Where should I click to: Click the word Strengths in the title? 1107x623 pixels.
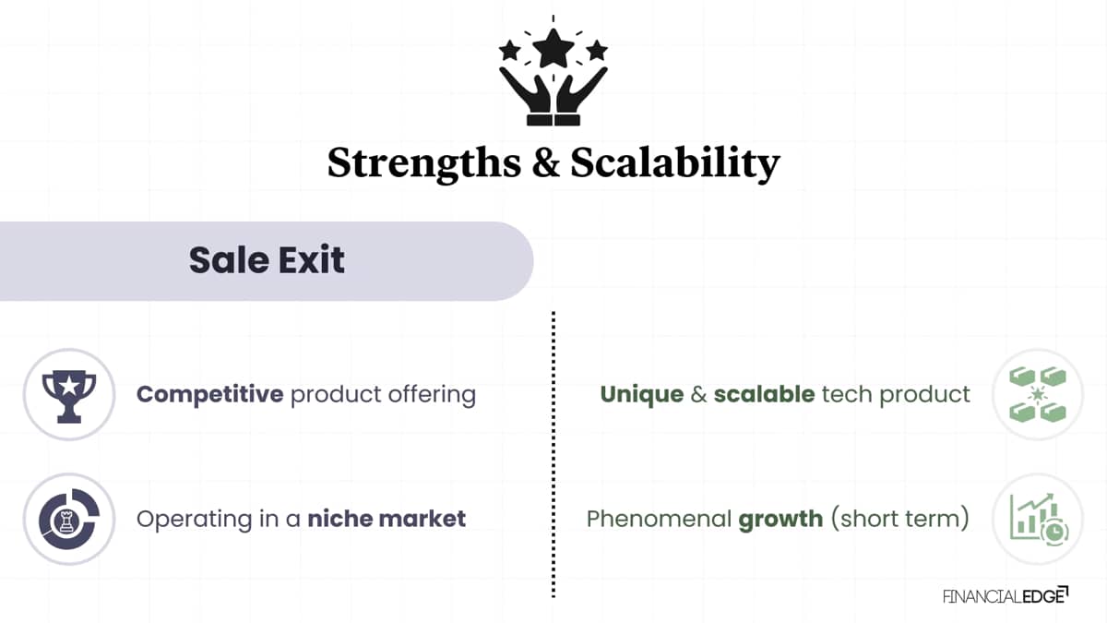point(424,164)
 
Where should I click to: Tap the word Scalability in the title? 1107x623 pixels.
point(675,164)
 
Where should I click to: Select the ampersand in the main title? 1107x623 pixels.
point(545,162)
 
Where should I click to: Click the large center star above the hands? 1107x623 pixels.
point(553,48)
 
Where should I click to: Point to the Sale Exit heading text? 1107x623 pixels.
point(267,260)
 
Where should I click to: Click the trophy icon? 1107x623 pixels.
point(69,397)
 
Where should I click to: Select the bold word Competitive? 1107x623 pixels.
point(210,395)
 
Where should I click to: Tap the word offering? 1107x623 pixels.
point(432,396)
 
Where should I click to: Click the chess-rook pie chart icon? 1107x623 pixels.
point(69,519)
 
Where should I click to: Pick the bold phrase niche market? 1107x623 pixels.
point(387,519)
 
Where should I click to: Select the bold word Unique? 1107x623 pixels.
point(642,395)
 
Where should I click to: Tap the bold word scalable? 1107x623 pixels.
point(764,394)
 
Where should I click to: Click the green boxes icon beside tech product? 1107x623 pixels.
point(1037,395)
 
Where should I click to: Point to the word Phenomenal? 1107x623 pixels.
point(659,519)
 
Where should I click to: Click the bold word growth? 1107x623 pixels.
point(780,520)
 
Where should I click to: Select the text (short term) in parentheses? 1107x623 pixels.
point(900,519)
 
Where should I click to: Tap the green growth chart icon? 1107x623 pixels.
point(1039,519)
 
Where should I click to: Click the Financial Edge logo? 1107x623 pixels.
point(1006,596)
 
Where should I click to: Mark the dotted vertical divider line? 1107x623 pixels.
point(553,454)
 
